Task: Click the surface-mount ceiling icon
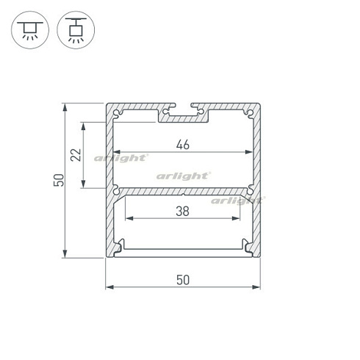pyautogui.click(x=30, y=30)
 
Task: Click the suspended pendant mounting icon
pyautogui.click(x=76, y=30)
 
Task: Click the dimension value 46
pyautogui.click(x=183, y=145)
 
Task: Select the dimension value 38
pyautogui.click(x=183, y=211)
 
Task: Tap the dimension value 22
pyautogui.click(x=76, y=155)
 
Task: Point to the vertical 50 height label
pyautogui.click(x=59, y=180)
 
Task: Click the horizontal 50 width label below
pyautogui.click(x=183, y=280)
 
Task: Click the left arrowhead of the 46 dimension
pyautogui.click(x=116, y=152)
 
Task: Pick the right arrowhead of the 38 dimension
pyautogui.click(x=236, y=218)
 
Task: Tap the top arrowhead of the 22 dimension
pyautogui.click(x=84, y=126)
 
